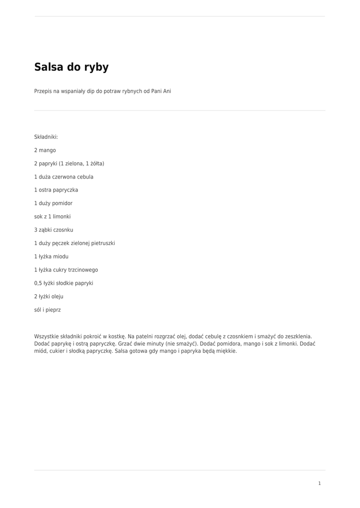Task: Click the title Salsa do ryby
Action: [x=72, y=67]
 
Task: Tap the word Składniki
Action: [x=46, y=137]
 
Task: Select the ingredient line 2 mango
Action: [x=45, y=150]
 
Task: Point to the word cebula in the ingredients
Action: [x=85, y=177]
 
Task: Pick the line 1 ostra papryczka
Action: [x=56, y=190]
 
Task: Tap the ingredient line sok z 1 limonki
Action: [x=53, y=217]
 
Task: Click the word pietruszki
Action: [x=101, y=244]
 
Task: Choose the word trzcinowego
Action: [x=83, y=270]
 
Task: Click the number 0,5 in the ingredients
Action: [x=38, y=283]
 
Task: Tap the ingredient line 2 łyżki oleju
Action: [x=49, y=297]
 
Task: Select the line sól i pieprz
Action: [x=48, y=310]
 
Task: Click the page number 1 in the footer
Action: [x=319, y=483]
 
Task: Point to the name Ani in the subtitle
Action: [x=167, y=91]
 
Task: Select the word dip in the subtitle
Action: [x=90, y=91]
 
